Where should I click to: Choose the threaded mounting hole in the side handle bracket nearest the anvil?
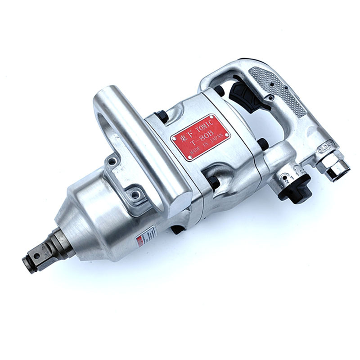click(133, 195)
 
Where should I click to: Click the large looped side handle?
click(130, 135)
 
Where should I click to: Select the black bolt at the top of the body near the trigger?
click(219, 90)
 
